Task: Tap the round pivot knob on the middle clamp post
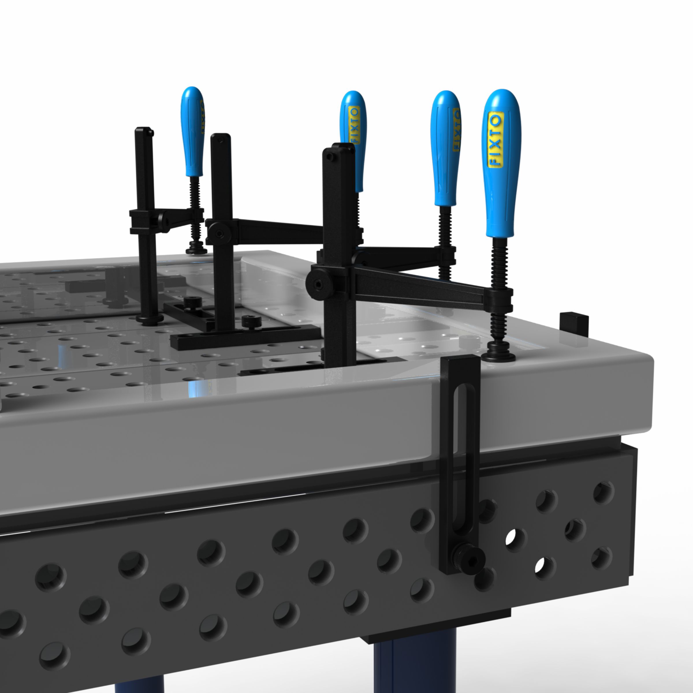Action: pos(219,233)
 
